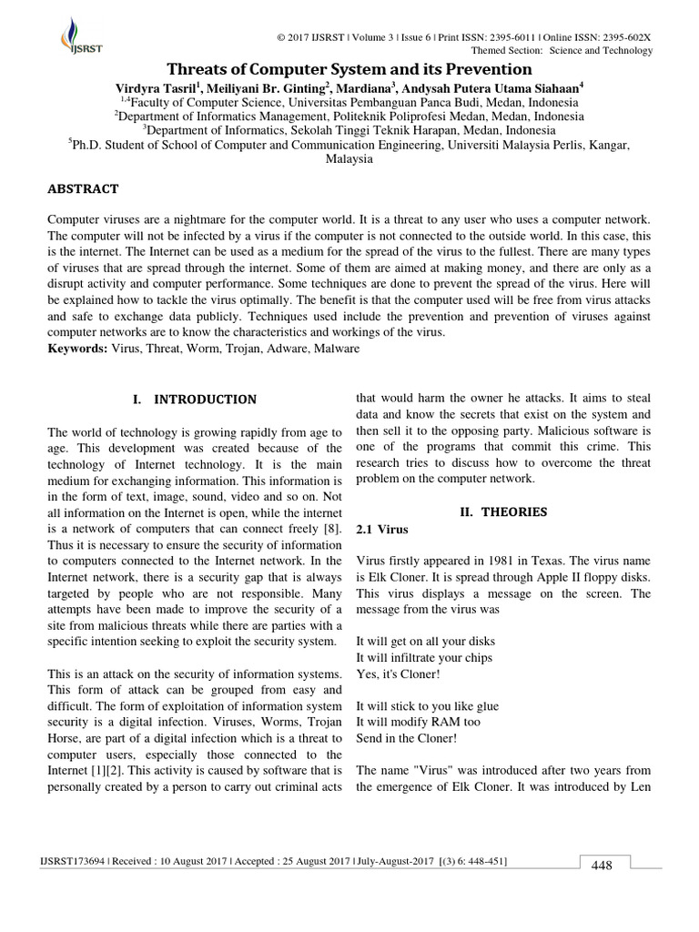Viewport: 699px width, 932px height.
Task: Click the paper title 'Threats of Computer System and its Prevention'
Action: tap(349, 69)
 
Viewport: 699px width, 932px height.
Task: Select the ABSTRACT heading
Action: tap(83, 189)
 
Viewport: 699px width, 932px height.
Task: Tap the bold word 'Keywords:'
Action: tap(77, 349)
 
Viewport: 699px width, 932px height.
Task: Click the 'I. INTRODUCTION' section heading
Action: tap(195, 400)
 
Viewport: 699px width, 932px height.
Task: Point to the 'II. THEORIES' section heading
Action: tap(503, 512)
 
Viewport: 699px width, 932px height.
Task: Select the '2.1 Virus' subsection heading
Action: tap(381, 529)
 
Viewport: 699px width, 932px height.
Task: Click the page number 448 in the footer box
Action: tap(602, 866)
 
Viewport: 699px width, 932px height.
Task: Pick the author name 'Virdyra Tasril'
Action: tap(156, 87)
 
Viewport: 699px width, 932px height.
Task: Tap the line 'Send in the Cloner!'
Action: tap(406, 738)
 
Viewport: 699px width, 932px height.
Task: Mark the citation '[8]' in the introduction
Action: tap(333, 529)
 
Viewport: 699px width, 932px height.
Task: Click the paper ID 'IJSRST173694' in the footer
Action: tap(74, 861)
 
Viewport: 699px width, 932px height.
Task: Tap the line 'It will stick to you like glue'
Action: tap(427, 706)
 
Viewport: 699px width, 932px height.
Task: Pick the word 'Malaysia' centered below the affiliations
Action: tap(349, 158)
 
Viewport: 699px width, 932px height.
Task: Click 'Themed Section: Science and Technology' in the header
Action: tap(574, 51)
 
